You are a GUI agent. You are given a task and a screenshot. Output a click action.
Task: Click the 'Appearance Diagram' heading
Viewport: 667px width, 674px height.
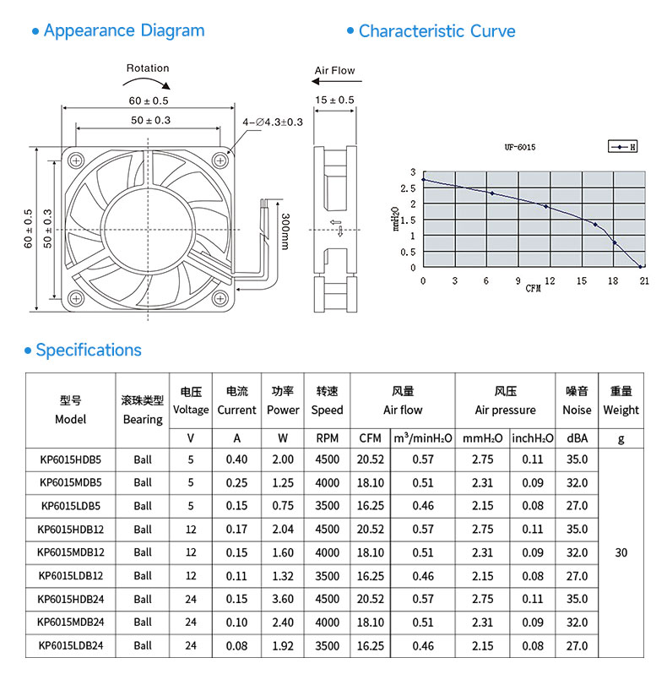pyautogui.click(x=124, y=31)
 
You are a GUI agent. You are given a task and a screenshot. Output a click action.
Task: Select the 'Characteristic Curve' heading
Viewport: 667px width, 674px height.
pyautogui.click(x=437, y=31)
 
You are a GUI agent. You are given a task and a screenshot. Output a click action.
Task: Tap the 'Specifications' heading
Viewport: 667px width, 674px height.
pyautogui.click(x=89, y=350)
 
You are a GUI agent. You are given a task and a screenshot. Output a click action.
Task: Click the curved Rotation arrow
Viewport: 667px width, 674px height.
pyautogui.click(x=147, y=80)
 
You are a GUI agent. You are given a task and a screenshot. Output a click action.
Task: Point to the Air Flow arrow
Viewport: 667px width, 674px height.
pyautogui.click(x=337, y=81)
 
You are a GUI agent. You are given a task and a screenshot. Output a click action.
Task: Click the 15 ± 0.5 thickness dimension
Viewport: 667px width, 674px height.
pyautogui.click(x=334, y=101)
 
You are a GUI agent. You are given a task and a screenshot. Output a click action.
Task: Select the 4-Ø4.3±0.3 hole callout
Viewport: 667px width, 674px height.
pyautogui.click(x=273, y=122)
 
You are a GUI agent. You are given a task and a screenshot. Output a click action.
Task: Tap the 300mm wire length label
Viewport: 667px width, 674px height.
pyautogui.click(x=285, y=231)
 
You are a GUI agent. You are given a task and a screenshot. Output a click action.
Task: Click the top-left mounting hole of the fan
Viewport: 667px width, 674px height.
pyautogui.click(x=76, y=160)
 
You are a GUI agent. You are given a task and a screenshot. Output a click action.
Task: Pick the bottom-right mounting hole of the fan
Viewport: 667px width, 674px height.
pyautogui.click(x=220, y=297)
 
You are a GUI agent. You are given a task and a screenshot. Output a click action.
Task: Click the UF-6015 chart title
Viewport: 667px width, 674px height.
pyautogui.click(x=520, y=147)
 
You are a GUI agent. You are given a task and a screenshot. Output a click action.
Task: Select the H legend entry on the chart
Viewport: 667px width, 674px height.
pyautogui.click(x=622, y=147)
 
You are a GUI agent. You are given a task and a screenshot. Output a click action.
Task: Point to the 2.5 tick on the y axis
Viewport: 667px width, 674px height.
pyautogui.click(x=408, y=188)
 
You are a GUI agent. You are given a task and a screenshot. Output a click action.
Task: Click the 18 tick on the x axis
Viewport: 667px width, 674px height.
pyautogui.click(x=613, y=280)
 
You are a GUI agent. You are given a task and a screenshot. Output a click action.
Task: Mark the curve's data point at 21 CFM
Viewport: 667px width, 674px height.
pyautogui.click(x=640, y=267)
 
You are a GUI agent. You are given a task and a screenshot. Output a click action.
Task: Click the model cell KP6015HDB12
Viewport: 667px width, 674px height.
pyautogui.click(x=70, y=529)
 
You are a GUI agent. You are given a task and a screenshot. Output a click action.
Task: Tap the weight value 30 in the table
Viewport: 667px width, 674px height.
pyautogui.click(x=621, y=552)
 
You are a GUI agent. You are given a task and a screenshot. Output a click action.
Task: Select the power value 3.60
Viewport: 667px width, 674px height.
pyautogui.click(x=283, y=599)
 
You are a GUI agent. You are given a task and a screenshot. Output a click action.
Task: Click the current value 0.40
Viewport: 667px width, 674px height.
pyautogui.click(x=236, y=459)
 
